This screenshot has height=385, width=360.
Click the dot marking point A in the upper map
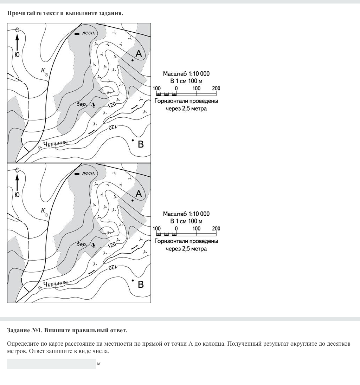point(133,60)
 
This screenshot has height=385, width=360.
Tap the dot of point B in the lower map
point(133,280)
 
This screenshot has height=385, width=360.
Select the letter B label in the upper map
point(141,144)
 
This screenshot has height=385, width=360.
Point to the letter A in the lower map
point(139,194)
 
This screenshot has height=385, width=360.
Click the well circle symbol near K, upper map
point(46,75)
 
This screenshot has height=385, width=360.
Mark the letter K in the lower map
point(43,210)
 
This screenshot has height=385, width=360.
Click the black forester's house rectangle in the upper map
point(77,34)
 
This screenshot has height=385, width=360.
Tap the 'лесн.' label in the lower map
point(88,173)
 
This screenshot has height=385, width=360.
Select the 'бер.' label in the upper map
point(82,104)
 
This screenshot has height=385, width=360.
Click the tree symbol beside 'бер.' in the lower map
point(93,244)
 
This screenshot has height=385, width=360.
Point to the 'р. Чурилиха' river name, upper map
point(53,144)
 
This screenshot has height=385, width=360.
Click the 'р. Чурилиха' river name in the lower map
point(53,284)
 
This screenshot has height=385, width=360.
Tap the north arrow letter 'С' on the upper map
point(17,30)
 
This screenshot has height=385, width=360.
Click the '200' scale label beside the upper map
point(216,88)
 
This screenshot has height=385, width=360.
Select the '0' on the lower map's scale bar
point(176,228)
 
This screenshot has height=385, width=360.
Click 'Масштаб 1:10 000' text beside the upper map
point(186,74)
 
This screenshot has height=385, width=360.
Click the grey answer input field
point(51,364)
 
